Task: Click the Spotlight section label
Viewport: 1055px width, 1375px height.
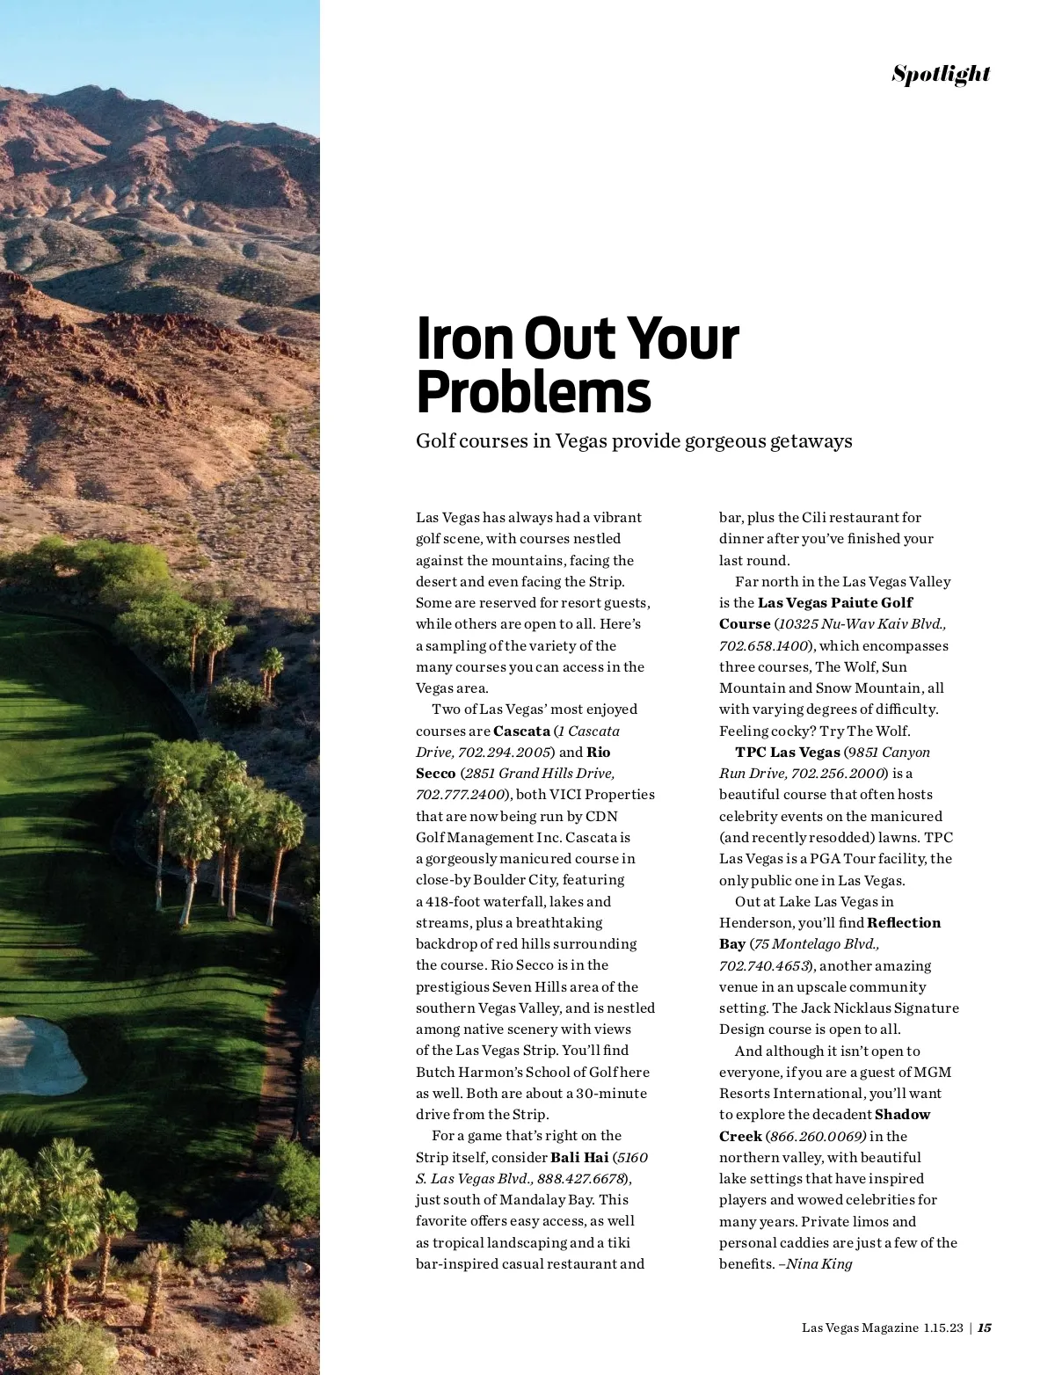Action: [941, 74]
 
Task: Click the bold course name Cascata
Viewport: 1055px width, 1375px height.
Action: [521, 731]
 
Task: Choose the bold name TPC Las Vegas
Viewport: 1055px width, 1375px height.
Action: [788, 752]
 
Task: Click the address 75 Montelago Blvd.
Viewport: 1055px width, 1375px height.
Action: [816, 943]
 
